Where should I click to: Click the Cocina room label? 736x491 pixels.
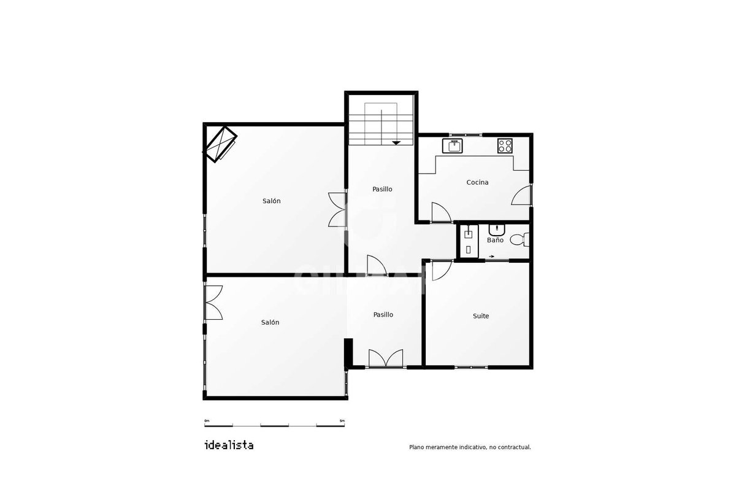click(477, 182)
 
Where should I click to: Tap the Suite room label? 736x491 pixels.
click(481, 316)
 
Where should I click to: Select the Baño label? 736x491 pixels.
click(495, 240)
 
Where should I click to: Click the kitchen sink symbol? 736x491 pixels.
click(453, 145)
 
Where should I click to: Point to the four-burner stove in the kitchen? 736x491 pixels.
click(505, 145)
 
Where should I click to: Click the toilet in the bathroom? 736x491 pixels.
click(519, 239)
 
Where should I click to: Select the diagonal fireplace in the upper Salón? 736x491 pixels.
click(220, 144)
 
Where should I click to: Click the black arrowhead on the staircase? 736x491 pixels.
click(396, 143)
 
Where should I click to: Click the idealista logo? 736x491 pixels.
click(229, 445)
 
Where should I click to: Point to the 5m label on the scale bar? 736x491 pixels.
click(342, 420)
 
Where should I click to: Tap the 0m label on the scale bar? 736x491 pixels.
click(207, 420)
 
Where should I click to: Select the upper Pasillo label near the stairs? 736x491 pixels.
click(382, 189)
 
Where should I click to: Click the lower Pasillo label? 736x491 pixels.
click(383, 315)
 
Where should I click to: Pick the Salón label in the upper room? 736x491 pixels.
click(271, 201)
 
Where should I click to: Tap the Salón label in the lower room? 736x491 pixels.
click(270, 322)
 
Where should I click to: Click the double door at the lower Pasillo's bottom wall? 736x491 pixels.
click(386, 358)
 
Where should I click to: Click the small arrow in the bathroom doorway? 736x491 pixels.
click(491, 256)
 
